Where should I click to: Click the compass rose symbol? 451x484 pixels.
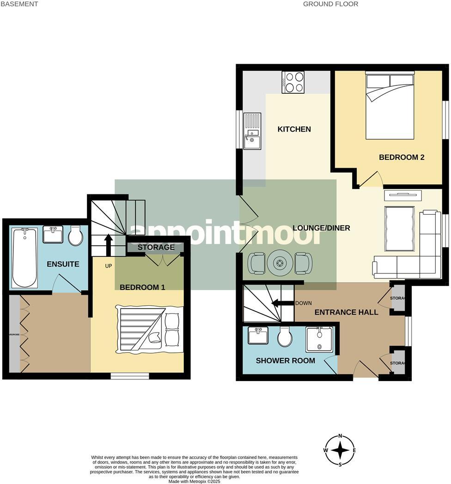coord(340,450)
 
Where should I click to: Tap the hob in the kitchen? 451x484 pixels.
coord(293,82)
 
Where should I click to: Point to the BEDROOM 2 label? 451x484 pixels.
coord(401,157)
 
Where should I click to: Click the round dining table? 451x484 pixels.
coord(280,263)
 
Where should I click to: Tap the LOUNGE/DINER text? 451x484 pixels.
coord(321,228)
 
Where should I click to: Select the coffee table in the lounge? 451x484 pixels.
coord(399,223)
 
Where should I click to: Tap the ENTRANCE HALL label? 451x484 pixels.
coord(346,313)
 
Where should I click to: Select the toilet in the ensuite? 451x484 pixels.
coord(75,236)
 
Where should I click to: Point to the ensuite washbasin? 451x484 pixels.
coord(53,234)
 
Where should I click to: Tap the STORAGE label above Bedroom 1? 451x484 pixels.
coord(156,248)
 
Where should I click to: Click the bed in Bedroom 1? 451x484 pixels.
coord(150,329)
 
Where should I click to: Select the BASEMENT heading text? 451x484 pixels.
coord(19,4)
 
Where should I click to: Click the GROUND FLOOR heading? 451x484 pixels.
coord(330,4)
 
